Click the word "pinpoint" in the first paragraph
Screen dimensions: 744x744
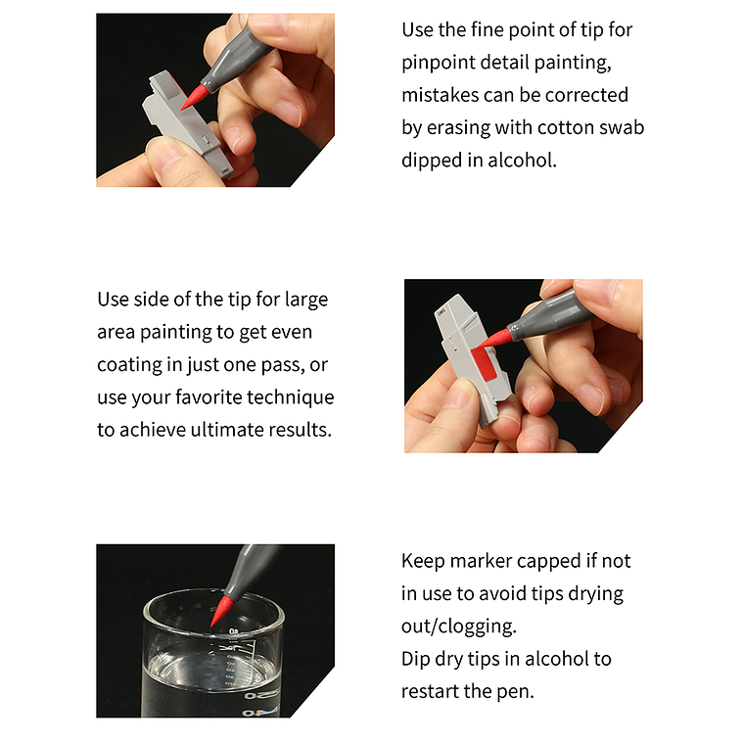pos(438,63)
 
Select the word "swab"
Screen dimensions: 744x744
pos(622,127)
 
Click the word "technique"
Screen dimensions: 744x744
pos(291,397)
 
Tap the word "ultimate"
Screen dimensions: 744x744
pos(227,430)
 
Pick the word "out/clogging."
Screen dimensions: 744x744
pos(458,627)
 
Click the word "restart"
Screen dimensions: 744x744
pos(430,691)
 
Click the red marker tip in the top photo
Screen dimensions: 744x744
pos(193,97)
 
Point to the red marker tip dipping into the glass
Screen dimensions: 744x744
pos(221,612)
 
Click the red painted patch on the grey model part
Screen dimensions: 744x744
pos(484,363)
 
